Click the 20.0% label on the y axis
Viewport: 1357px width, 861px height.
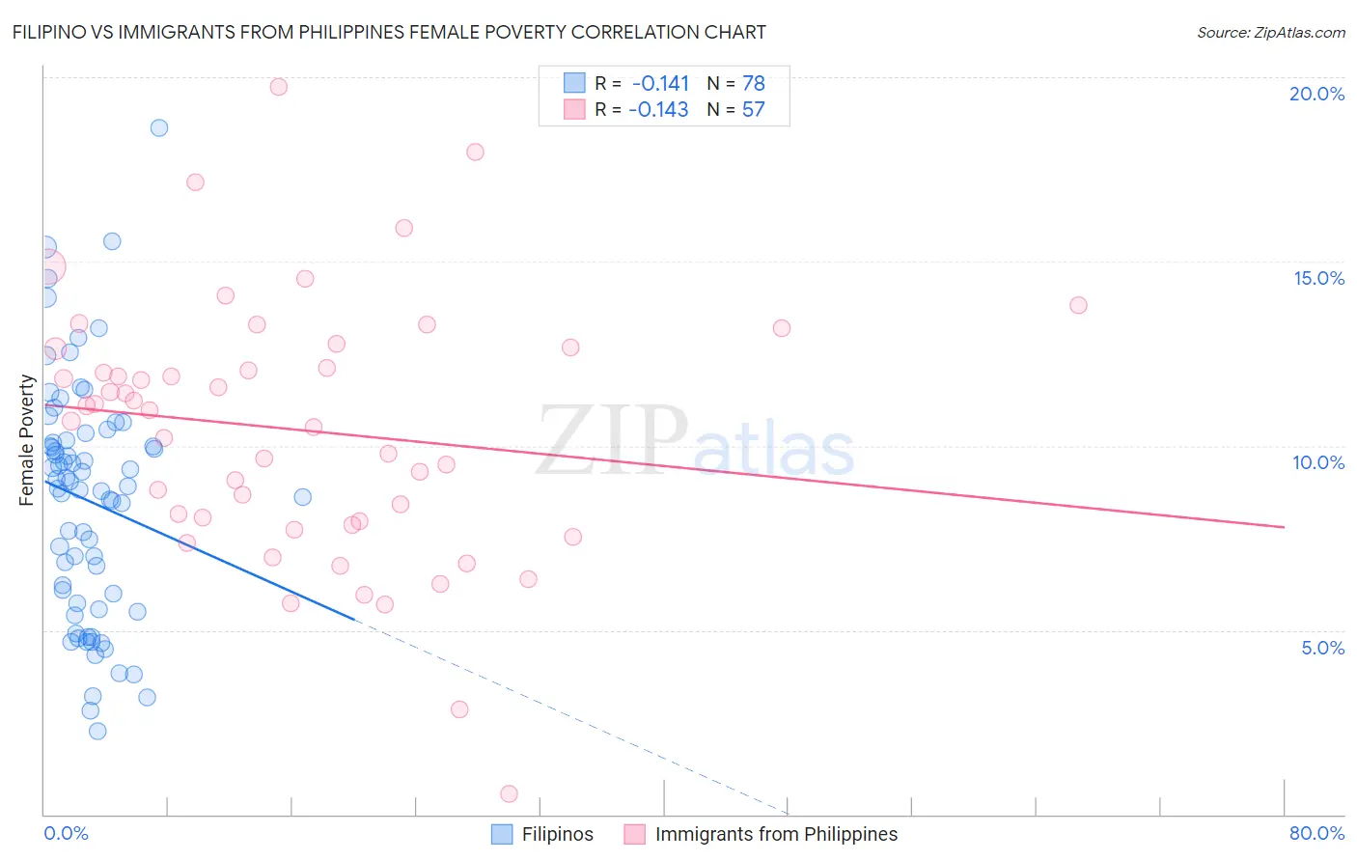coord(1316,94)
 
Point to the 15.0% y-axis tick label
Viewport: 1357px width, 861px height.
coord(1318,278)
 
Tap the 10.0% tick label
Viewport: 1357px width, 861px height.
coord(1318,462)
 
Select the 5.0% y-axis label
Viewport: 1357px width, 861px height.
coord(1322,648)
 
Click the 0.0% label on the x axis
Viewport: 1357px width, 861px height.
coord(66,833)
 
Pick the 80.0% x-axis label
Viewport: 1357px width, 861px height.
coord(1316,833)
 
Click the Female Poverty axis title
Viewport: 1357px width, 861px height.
coord(26,440)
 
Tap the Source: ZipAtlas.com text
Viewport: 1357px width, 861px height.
coord(1270,33)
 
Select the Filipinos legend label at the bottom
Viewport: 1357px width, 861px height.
coord(557,834)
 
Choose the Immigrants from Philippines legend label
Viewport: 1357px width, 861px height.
coord(776,834)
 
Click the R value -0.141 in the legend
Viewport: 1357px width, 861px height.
coord(660,83)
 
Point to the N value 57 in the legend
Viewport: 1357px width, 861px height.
coord(753,109)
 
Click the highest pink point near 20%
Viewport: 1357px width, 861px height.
coord(279,87)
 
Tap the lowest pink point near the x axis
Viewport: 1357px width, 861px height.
coord(509,793)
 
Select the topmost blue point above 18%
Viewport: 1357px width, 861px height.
coord(159,127)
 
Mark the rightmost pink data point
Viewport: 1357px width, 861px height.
coord(1078,305)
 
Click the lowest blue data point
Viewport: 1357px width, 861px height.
coord(97,731)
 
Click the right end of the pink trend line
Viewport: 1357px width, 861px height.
coord(1284,527)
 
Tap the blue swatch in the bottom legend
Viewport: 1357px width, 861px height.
coord(502,834)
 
